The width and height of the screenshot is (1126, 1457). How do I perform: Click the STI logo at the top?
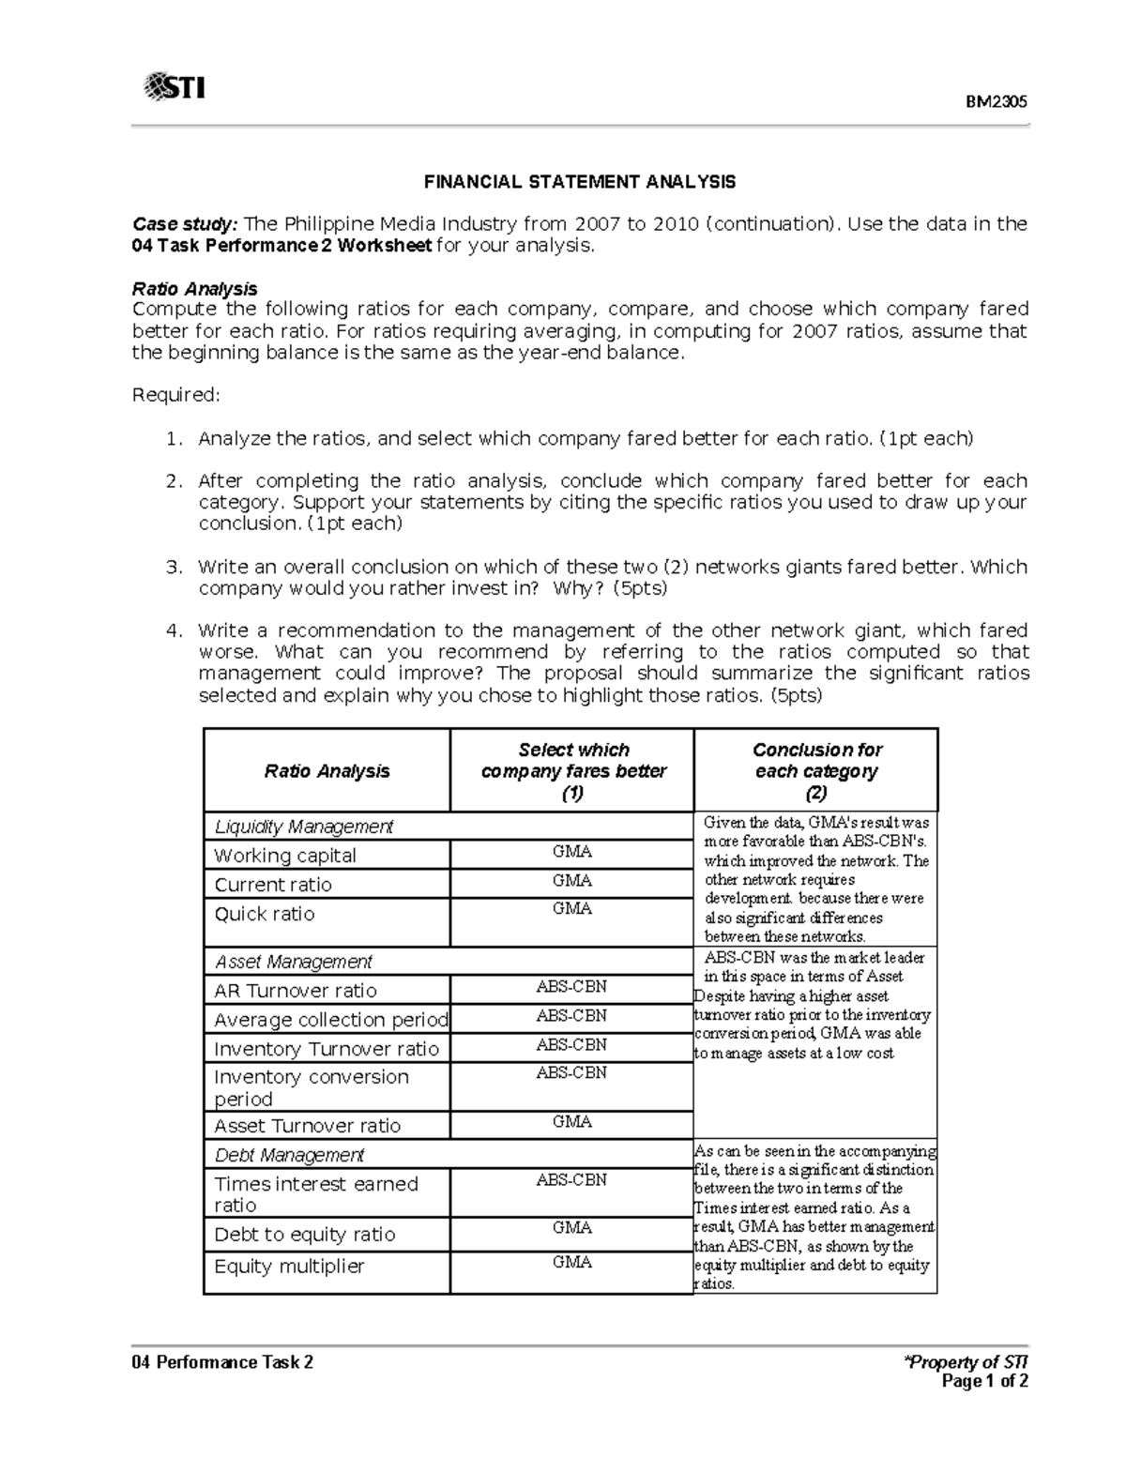175,88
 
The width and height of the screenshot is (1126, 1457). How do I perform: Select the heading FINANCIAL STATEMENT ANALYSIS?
579,181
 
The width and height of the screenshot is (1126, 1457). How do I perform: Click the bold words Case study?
185,224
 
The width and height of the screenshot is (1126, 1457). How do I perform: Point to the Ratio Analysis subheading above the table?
194,288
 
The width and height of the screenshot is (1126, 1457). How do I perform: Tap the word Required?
175,395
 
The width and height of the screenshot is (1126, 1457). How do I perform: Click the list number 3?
173,567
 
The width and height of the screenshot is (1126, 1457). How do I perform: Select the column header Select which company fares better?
572,771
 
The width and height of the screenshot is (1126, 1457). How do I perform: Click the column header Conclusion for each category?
816,771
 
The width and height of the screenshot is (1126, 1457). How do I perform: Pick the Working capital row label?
285,856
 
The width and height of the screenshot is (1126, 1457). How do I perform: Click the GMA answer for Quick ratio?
571,908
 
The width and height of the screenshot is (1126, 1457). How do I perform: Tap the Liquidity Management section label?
303,827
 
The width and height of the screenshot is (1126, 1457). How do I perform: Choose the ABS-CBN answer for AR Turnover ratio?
571,986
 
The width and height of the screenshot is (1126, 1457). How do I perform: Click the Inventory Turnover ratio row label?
326,1049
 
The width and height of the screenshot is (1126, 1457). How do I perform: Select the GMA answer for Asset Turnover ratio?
571,1121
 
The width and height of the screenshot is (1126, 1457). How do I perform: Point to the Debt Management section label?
289,1155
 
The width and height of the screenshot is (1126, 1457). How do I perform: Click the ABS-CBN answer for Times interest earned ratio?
571,1179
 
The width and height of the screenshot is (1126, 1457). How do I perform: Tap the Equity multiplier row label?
289,1267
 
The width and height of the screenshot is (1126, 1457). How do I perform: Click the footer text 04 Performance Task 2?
222,1362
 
